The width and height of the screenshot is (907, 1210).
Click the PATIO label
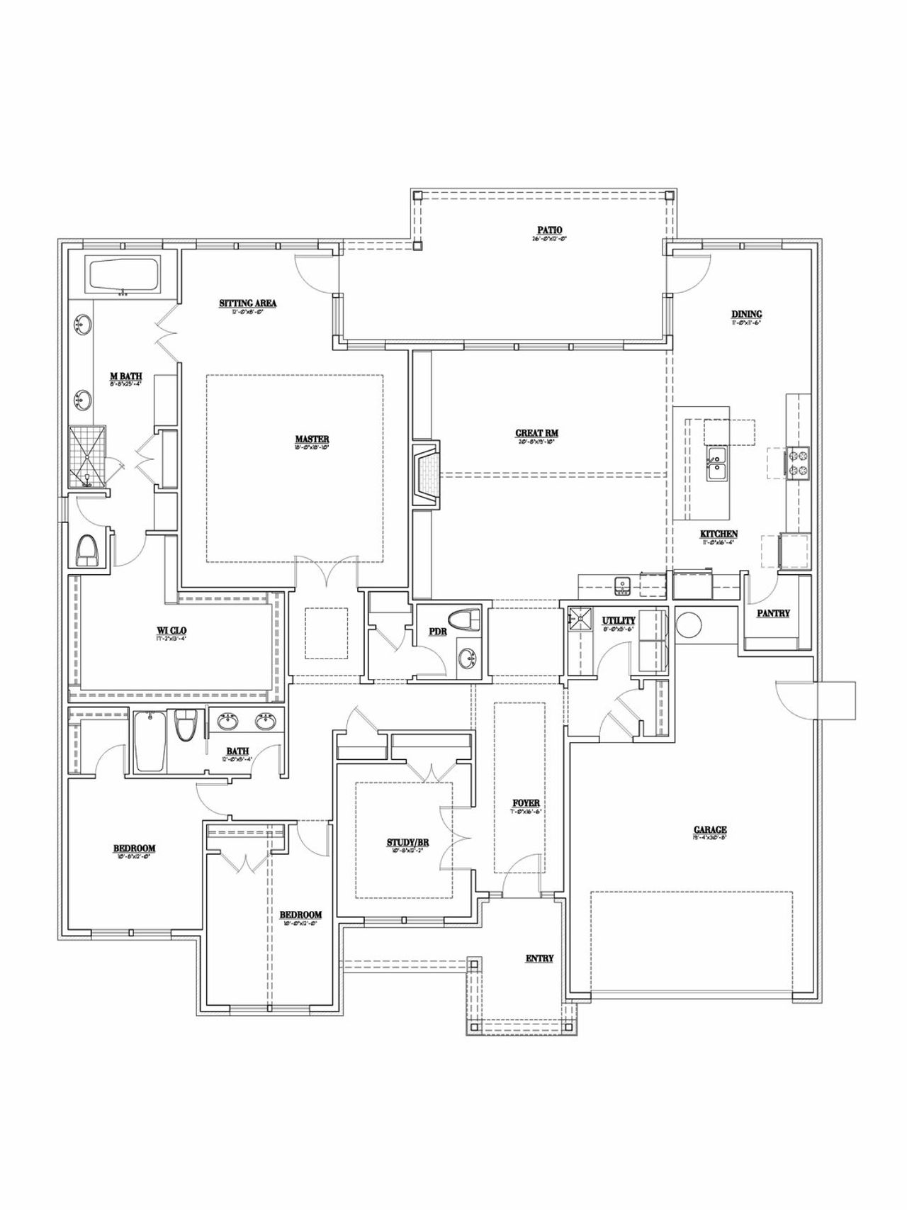point(549,230)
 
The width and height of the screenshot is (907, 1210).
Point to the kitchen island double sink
point(716,464)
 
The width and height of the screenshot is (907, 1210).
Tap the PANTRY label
point(773,613)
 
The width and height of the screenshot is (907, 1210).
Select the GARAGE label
point(710,830)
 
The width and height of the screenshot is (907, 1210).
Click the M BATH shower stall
point(89,457)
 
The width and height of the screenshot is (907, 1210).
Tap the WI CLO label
point(171,630)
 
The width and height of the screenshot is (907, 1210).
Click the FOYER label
point(526,803)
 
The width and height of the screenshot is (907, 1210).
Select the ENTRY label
point(539,958)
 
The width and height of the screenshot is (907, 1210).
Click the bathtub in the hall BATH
point(150,741)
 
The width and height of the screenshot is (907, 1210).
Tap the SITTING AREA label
point(247,303)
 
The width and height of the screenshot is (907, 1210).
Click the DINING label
point(747,315)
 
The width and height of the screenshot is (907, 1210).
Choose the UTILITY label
point(619,621)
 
